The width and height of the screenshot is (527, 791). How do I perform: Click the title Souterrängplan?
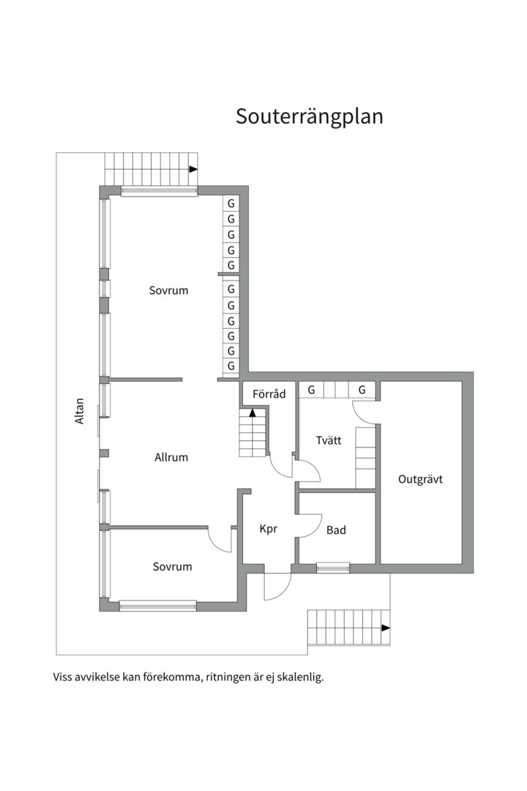[x=309, y=116]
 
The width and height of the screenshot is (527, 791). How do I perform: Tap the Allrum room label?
[x=171, y=458]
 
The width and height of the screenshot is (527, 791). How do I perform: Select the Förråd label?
[x=269, y=394]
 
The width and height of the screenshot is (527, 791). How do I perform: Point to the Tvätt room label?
[x=329, y=440]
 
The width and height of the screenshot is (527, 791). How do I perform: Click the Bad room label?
[x=336, y=530]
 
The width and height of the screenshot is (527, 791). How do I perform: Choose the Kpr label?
[x=269, y=530]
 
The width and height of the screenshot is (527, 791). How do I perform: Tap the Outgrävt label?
[x=420, y=479]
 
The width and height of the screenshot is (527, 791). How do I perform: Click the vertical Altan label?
[x=80, y=411]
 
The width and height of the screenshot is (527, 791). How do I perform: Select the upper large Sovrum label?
[x=168, y=291]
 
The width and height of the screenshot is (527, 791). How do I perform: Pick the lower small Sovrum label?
[x=173, y=566]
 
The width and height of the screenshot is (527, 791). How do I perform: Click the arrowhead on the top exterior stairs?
[x=193, y=169]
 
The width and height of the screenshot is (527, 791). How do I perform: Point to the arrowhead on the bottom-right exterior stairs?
[x=386, y=628]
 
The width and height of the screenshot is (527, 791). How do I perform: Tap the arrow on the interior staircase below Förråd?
[x=253, y=412]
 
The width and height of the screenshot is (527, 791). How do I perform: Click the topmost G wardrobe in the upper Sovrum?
[x=231, y=204]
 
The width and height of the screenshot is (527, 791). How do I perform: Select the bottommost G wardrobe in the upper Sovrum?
[x=231, y=365]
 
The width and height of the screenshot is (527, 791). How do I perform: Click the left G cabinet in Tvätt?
[x=311, y=390]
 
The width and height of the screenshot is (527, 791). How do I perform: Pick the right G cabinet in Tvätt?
[x=362, y=390]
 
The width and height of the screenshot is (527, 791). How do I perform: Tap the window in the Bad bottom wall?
[x=333, y=568]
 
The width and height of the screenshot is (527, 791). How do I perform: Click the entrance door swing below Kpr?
[x=277, y=586]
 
